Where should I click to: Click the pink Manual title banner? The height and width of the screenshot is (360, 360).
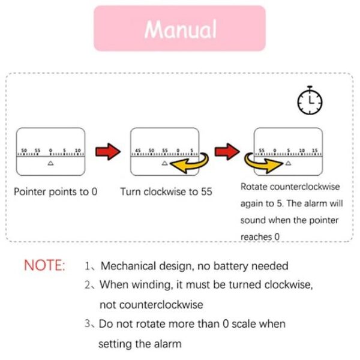179,28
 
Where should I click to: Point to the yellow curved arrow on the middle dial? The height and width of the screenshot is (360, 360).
190,162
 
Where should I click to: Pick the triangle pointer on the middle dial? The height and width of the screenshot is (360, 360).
164,163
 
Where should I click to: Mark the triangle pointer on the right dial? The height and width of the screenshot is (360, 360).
288,163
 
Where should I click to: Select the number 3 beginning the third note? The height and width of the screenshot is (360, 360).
88,324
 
